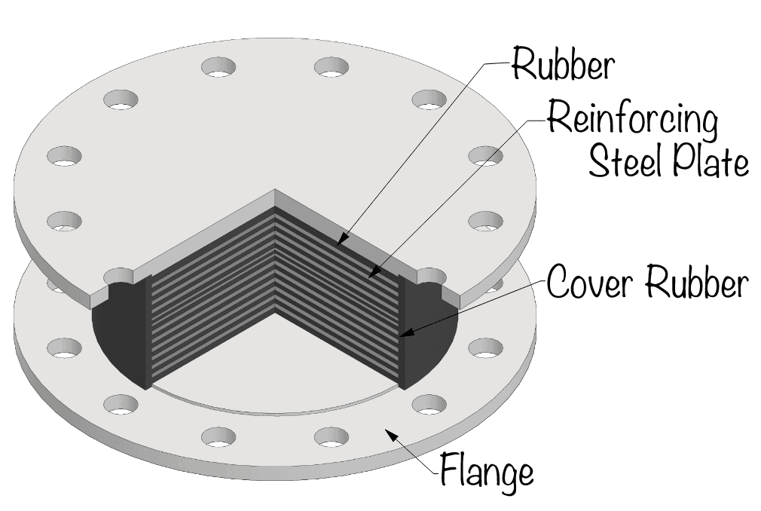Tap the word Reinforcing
631,119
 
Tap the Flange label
487,472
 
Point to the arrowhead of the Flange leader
387,430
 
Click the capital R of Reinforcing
556,119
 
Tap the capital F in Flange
449,472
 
